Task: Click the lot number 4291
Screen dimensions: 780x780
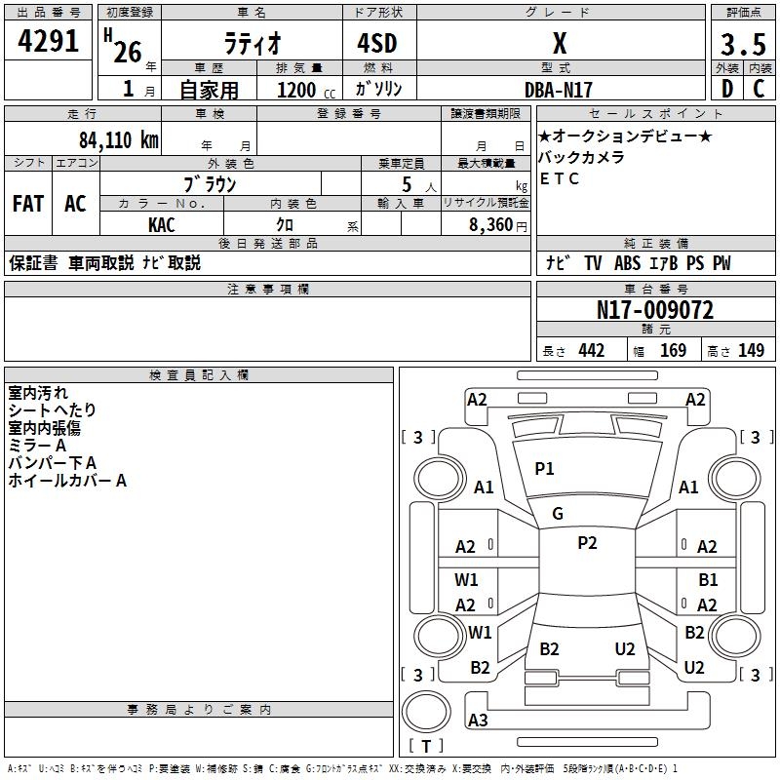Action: pos(48,41)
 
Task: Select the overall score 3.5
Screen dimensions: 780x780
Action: pos(743,45)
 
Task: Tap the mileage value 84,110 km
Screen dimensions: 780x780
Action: pos(119,140)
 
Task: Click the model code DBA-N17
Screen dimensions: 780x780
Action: pos(559,90)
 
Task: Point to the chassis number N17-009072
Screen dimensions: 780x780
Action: pos(655,310)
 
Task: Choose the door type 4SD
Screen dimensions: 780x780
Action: pos(377,43)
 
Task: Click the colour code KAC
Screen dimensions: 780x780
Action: pos(162,225)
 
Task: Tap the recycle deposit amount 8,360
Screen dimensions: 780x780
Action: pos(491,225)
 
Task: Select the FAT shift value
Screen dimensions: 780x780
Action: pos(28,204)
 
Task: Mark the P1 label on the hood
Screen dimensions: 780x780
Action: pos(544,469)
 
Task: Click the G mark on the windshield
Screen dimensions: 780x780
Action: pos(558,514)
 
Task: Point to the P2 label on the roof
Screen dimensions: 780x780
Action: pos(587,543)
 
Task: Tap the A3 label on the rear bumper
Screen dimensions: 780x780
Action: pos(478,720)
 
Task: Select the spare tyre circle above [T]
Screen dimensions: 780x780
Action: pos(426,712)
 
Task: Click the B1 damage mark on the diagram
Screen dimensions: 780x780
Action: pos(708,579)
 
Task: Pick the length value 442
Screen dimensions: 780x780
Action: pos(592,350)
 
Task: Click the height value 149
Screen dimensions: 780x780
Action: pos(751,350)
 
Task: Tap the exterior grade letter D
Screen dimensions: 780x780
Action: pos(727,89)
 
